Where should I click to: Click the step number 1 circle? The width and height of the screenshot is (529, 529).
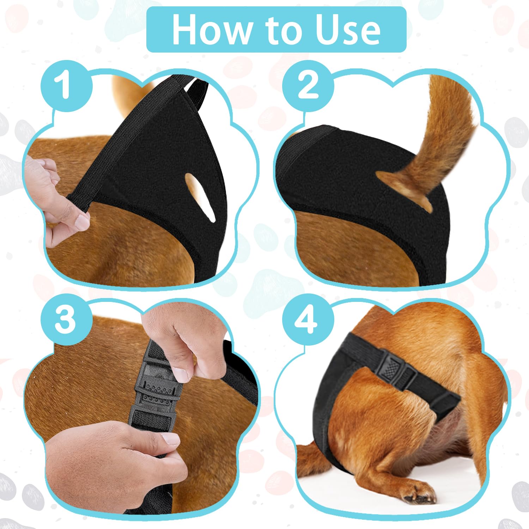[66, 86]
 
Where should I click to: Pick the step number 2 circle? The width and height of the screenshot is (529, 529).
[308, 86]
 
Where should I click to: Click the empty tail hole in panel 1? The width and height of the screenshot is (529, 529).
[200, 196]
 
